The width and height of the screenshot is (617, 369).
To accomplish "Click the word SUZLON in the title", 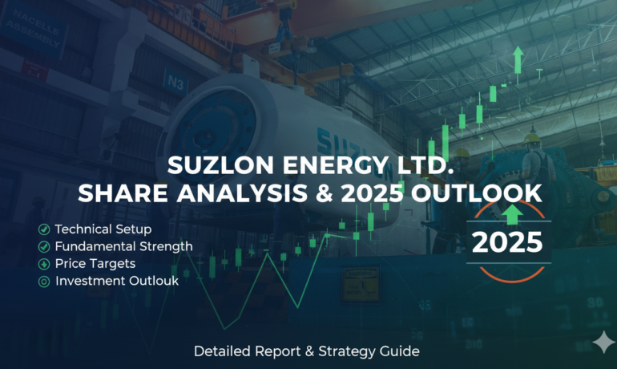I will pos(215,166).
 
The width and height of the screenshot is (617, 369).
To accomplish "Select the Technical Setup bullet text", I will pos(103,230).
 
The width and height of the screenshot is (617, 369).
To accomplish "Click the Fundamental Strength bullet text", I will pos(123,247).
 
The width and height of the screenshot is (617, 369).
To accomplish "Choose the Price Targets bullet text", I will pos(94,264).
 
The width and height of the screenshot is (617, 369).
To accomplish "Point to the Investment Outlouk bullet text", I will pos(117,281).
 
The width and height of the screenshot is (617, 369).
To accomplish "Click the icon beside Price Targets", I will pos(43,264).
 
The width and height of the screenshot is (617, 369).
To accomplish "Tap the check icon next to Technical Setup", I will pos(43,230).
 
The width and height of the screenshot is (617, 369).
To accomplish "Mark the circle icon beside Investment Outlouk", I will pos(43,281).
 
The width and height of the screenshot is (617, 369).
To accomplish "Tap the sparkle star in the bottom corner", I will pos(601,343).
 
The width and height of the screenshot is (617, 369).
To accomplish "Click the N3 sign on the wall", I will pos(175,80).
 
